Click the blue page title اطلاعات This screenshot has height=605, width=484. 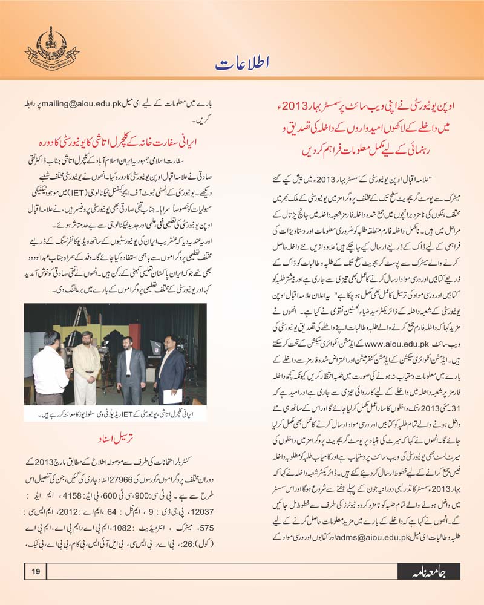coord(242,63)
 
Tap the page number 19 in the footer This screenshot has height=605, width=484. coord(35,571)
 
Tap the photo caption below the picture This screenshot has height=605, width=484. coord(115,415)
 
